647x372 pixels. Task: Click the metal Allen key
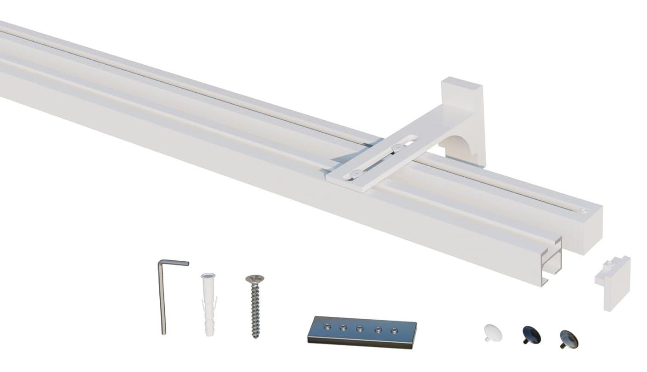pos(163,299)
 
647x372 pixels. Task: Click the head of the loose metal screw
pos(255,279)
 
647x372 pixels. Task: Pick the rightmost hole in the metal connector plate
pos(393,330)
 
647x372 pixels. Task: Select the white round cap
pos(493,333)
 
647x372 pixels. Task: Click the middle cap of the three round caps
pos(531,335)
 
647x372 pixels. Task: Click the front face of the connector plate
pos(360,340)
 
